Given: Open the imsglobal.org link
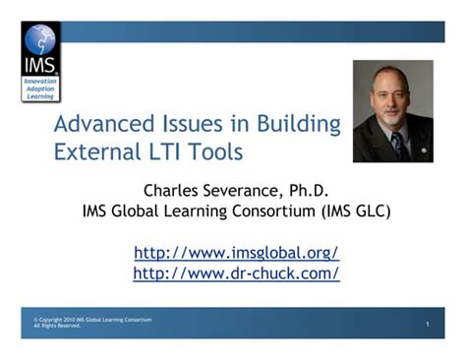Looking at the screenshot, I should click(236, 252).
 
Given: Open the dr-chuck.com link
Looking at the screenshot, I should click(236, 272).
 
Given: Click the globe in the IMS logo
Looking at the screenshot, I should click(39, 40).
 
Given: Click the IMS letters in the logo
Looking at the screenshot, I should click(41, 66).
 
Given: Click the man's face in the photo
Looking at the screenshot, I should click(391, 99).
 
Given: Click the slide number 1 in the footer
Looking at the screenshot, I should click(429, 325).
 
